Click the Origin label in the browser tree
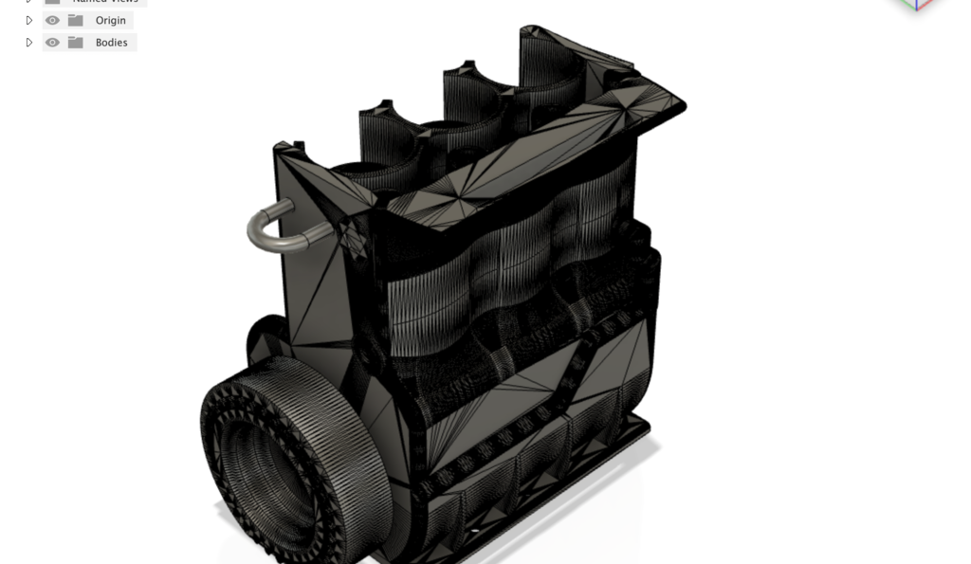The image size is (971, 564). click(110, 20)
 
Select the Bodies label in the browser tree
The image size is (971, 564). click(111, 43)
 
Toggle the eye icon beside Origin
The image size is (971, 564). click(52, 20)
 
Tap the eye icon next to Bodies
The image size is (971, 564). click(52, 43)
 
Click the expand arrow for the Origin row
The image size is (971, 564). click(29, 20)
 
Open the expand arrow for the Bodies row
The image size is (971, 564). click(29, 43)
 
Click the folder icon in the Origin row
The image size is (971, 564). click(76, 20)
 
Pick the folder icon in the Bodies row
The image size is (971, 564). click(76, 43)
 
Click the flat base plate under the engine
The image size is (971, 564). click(607, 455)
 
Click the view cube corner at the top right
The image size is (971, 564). click(916, 5)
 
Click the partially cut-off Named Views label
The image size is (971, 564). click(105, 2)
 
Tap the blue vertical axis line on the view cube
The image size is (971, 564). click(917, 6)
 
